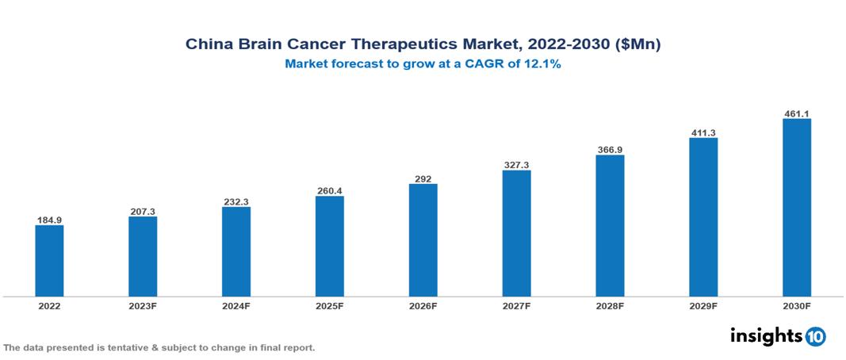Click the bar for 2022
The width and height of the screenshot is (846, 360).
(49, 261)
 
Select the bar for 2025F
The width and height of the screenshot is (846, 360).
(330, 246)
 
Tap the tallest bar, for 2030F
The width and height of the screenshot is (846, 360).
(797, 208)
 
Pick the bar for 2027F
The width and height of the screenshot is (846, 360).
(516, 233)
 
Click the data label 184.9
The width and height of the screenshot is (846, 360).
(49, 219)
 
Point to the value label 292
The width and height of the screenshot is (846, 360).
(423, 178)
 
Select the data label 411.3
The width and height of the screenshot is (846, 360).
(703, 132)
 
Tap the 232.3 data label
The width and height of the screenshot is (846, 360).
(236, 201)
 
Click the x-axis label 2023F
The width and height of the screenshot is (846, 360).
(143, 305)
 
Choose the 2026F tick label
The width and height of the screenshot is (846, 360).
(423, 305)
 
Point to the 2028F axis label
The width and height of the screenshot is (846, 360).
(610, 305)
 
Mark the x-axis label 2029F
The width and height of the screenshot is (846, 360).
(703, 305)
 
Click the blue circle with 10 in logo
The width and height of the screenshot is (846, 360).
(815, 336)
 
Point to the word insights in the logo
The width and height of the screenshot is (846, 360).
(766, 335)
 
